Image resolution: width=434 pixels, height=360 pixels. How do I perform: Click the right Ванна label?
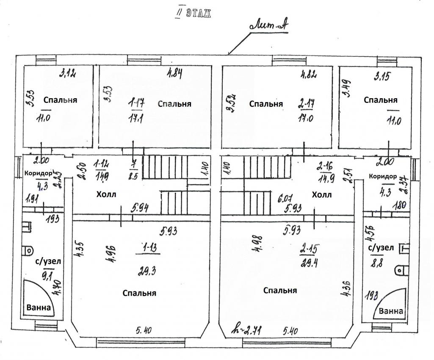391,311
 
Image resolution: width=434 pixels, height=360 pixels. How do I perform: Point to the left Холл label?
106,194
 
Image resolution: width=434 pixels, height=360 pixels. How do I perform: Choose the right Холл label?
322,195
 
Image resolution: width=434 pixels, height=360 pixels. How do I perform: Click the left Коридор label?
38,174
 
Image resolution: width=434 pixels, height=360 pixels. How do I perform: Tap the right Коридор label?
383,176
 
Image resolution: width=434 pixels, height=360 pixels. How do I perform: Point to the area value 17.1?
136,119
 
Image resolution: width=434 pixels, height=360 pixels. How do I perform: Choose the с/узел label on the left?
47,261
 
